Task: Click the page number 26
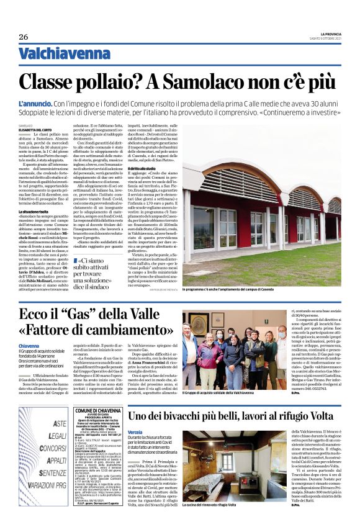tap(24, 37)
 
